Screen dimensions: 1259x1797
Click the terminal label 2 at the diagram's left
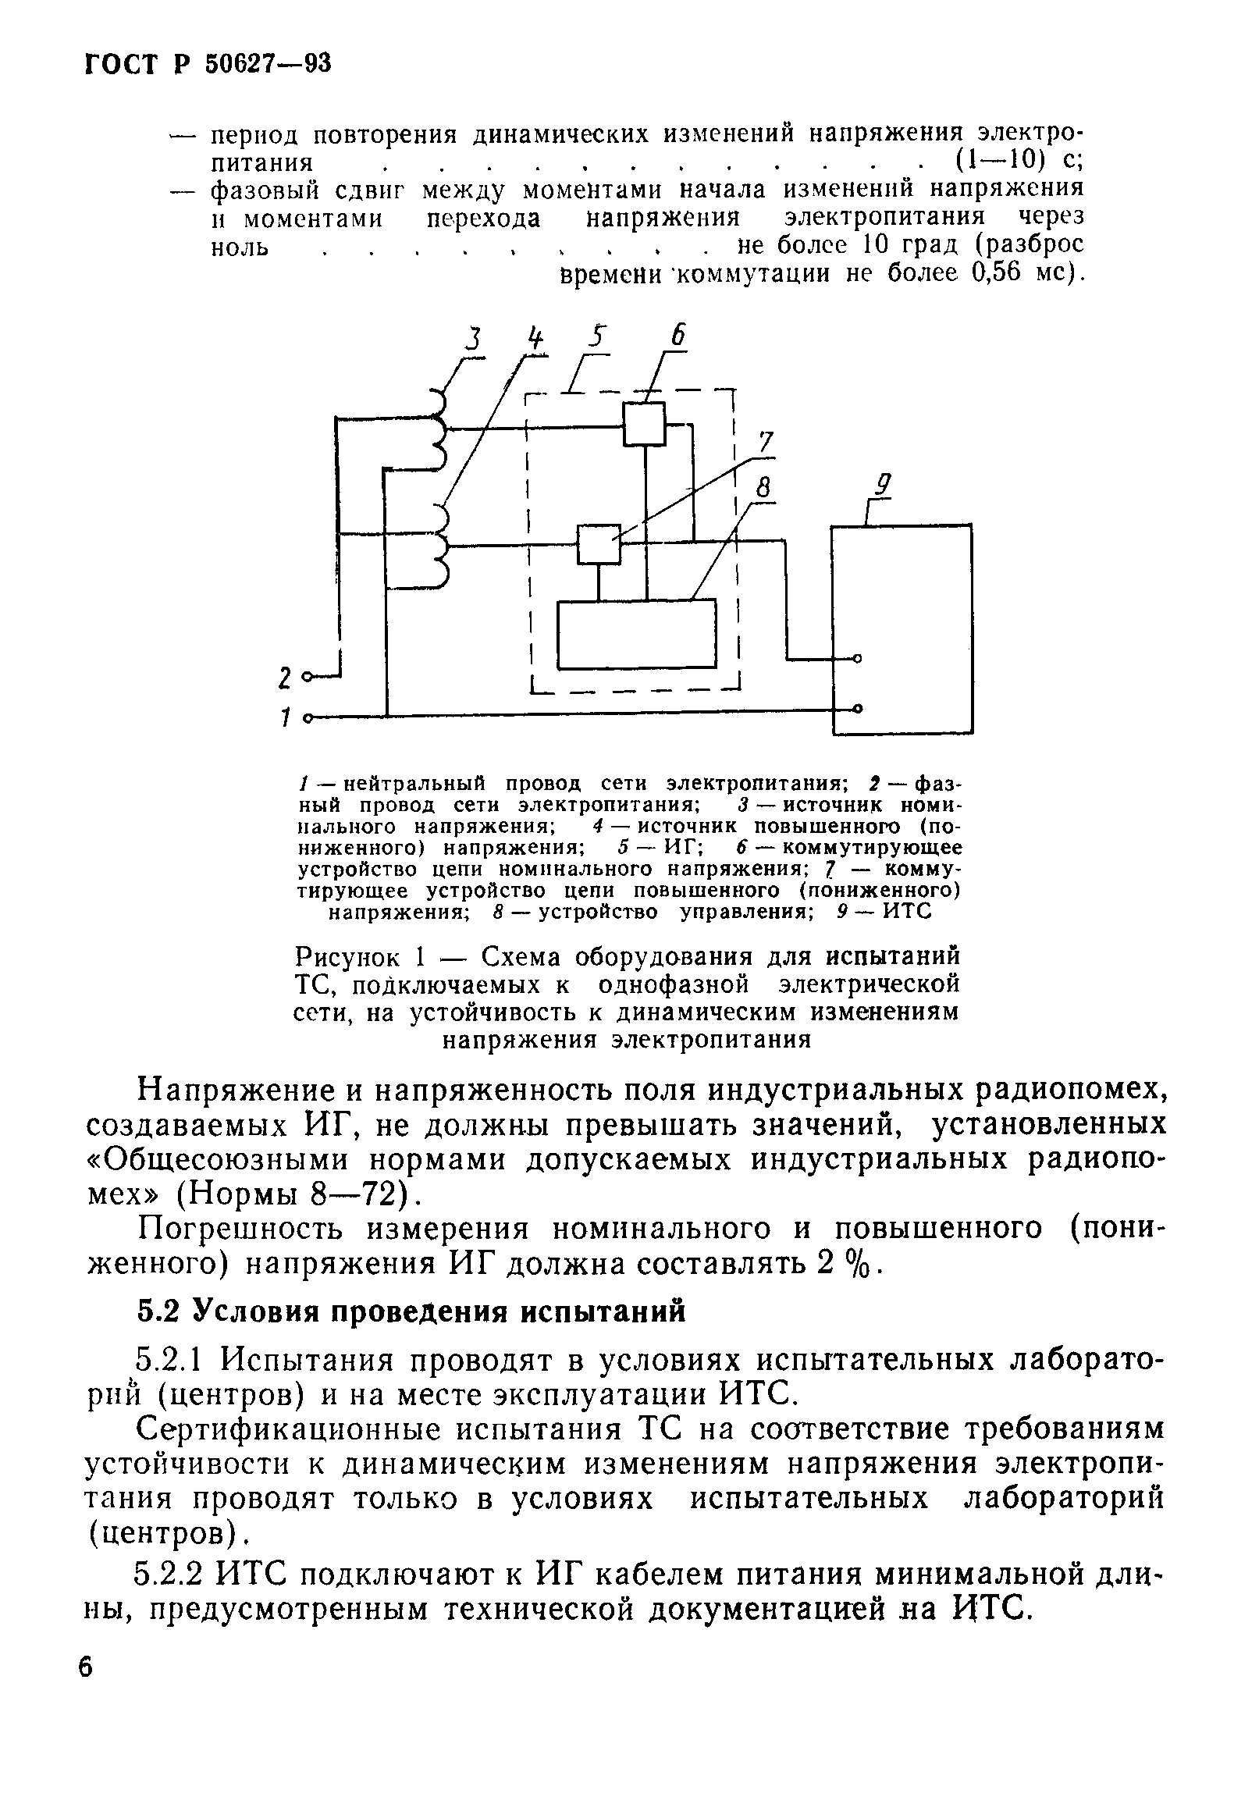(286, 678)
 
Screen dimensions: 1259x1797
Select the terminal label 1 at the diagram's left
(286, 716)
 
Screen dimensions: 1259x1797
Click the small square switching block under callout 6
(644, 423)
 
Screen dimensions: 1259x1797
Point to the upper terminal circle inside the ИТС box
(858, 658)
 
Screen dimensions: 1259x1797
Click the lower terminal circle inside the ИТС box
(858, 709)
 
